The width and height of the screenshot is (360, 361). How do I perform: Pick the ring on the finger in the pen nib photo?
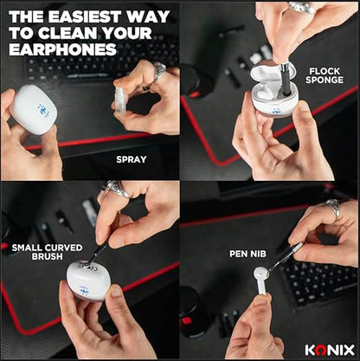pyautogui.click(x=333, y=208)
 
